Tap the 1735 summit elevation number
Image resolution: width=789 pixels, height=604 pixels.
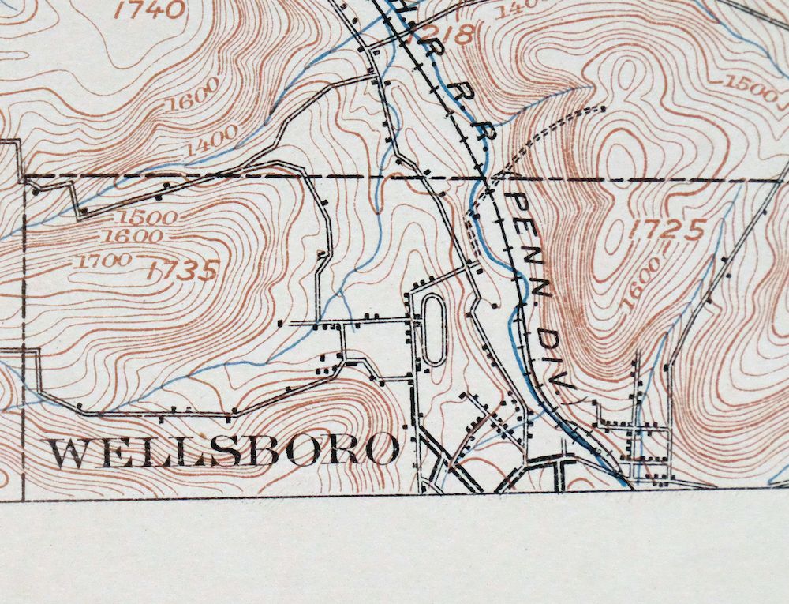coord(181,271)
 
